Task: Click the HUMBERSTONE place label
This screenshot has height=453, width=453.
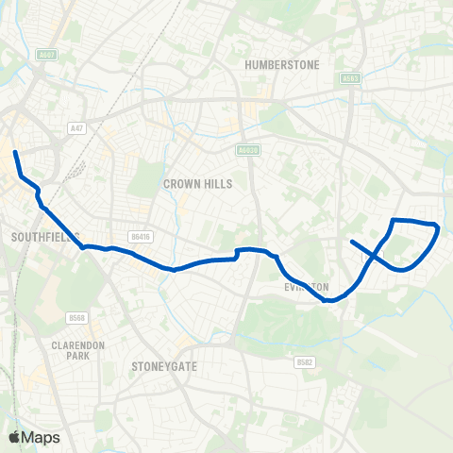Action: [x=282, y=64]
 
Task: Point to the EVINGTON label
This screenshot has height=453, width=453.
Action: [x=307, y=286]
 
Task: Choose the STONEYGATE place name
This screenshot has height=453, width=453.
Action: [x=164, y=365]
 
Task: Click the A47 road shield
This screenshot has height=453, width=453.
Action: [x=76, y=126]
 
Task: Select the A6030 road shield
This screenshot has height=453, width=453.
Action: [x=246, y=149]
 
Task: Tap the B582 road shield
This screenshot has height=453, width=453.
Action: [x=304, y=362]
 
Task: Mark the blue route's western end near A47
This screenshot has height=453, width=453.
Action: [x=15, y=152]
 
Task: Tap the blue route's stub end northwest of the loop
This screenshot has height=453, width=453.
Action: [x=352, y=242]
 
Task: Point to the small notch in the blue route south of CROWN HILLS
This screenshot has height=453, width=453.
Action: [x=236, y=252]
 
